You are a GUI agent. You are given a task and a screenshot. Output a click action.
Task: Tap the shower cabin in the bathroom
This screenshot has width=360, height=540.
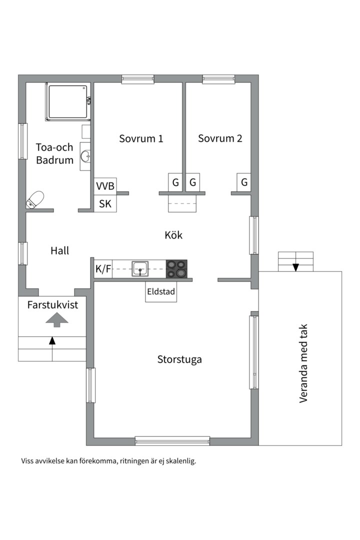(x=67, y=102)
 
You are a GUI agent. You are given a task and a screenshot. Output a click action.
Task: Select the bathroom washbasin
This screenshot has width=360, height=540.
(x=86, y=156)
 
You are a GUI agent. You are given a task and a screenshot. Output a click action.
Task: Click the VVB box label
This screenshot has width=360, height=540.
(x=105, y=186)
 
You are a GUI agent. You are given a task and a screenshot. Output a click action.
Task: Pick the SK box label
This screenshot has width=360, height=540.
(x=105, y=203)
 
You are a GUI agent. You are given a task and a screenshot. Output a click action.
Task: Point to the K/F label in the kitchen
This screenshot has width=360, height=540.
(x=103, y=269)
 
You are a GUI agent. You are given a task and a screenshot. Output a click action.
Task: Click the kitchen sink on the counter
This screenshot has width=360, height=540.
(x=140, y=268)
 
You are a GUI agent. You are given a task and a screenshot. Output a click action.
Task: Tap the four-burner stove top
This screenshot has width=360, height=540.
(x=176, y=268)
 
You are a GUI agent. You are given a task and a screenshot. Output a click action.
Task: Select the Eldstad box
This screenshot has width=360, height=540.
(x=161, y=291)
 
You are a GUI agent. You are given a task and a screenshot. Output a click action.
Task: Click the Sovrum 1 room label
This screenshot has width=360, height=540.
(x=141, y=138)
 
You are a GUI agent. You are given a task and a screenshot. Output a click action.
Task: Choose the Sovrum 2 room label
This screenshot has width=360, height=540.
(x=220, y=138)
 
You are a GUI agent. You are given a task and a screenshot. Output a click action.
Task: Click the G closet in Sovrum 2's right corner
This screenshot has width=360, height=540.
(x=244, y=182)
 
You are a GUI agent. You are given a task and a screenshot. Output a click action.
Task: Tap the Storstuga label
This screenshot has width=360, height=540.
(x=179, y=359)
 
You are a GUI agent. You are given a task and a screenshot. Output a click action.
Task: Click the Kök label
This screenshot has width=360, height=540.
(x=173, y=234)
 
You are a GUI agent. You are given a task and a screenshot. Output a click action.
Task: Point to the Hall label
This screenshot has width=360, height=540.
(x=59, y=251)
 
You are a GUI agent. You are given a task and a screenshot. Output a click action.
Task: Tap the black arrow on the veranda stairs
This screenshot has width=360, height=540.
(x=295, y=267)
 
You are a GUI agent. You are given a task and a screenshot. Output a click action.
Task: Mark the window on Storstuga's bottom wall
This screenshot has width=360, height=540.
(x=172, y=441)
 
